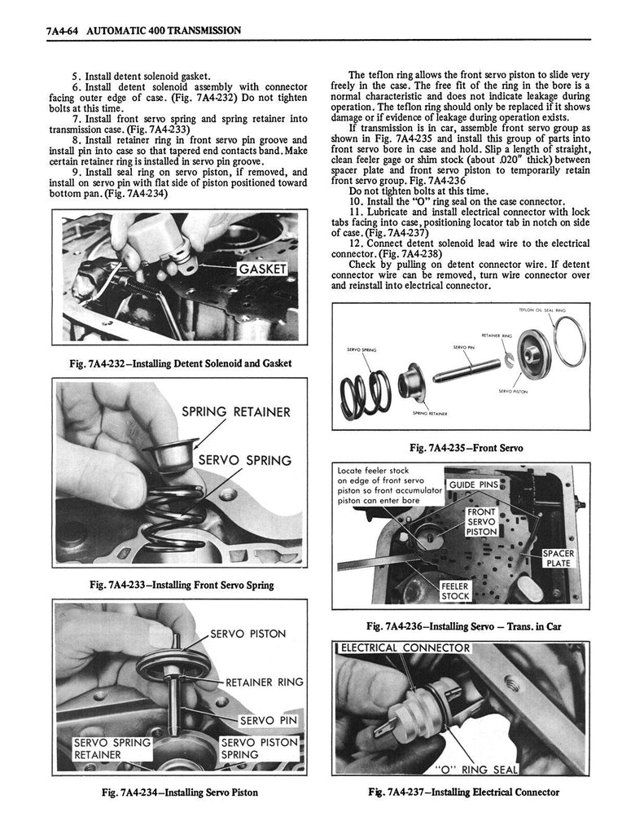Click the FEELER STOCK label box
tap(454, 590)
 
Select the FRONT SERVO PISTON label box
tap(480, 521)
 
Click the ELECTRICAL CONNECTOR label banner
tap(405, 648)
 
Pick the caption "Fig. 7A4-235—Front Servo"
tap(467, 448)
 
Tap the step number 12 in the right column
tap(355, 243)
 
